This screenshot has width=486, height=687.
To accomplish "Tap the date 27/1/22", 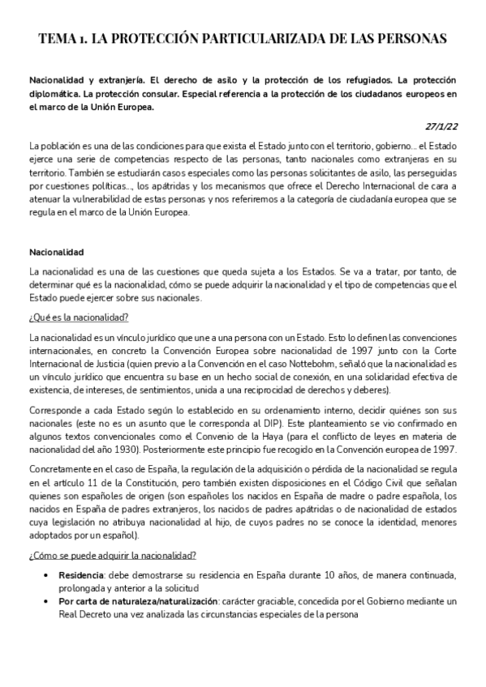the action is (441, 126).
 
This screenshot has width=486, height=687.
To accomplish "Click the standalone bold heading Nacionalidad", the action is (57, 252).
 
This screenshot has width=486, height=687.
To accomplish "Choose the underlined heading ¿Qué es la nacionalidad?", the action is (79, 317).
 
